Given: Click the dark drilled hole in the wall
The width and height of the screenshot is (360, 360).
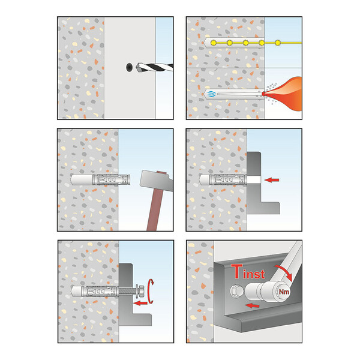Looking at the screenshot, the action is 130,67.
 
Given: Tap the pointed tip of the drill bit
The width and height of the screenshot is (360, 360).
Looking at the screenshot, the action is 137,67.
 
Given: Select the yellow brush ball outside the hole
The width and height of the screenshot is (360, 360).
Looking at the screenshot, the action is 278,43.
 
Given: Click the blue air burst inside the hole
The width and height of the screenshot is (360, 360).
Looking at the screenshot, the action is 211,94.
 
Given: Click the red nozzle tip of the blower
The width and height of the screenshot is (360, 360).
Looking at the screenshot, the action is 263,94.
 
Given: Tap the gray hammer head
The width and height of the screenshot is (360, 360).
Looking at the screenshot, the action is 155,180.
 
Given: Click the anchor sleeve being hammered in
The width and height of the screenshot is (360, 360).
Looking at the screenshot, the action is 111,179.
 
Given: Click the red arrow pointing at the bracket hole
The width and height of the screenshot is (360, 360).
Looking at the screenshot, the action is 272,180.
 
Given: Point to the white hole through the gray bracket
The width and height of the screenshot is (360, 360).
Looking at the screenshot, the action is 254,180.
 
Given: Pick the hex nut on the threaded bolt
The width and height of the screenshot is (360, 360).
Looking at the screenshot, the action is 142,290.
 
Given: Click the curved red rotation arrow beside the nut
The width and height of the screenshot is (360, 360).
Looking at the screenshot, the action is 151,291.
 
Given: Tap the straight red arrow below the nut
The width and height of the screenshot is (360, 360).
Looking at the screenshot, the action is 140,303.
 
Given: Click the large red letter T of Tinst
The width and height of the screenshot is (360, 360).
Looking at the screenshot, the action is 237,271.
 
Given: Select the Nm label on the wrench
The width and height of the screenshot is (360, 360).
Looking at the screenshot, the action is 284,292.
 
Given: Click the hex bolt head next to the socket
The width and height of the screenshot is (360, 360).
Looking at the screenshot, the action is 236,291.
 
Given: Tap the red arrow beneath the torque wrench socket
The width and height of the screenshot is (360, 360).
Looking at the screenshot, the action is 252,305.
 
